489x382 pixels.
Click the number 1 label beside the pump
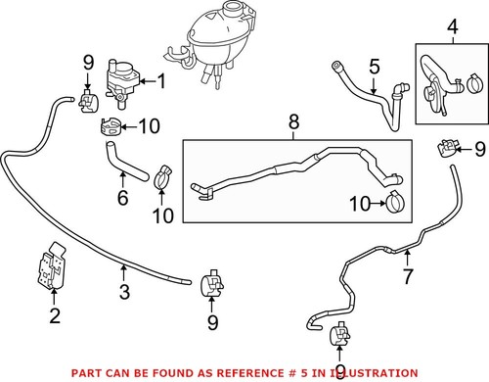pyautogui.click(x=162, y=82)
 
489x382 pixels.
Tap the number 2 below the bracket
pyautogui.click(x=56, y=315)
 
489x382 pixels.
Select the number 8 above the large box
pyautogui.click(x=292, y=124)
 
